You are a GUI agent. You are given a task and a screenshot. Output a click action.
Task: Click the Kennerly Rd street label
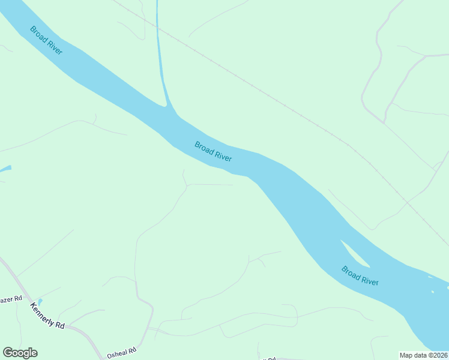[47, 315]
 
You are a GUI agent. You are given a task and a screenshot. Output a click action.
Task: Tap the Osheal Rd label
[122, 351]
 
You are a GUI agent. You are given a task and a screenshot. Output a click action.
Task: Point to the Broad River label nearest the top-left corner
[46, 40]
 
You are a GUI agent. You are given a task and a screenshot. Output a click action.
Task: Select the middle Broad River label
[213, 151]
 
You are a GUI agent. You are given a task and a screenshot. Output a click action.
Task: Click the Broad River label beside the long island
[360, 275]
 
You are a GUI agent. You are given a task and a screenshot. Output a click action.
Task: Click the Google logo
[20, 353]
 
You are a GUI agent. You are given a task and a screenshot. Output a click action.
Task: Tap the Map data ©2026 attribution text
[423, 355]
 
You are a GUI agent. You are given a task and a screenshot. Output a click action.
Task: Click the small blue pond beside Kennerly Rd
[40, 301]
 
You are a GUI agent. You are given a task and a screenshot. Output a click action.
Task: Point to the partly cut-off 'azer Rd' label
[11, 298]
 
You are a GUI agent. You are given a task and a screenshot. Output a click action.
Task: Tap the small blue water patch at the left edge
[5, 169]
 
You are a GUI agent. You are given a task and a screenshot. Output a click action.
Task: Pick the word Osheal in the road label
[117, 352]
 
